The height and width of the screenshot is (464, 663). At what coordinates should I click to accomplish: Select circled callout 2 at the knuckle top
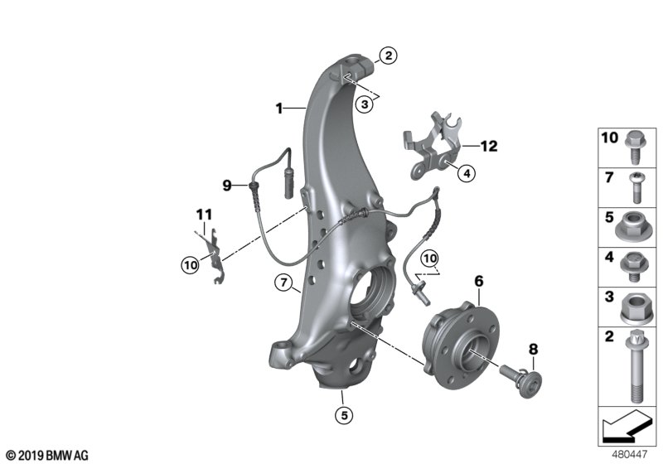point(387,56)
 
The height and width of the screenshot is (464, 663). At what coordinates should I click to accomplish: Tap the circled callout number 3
point(365,104)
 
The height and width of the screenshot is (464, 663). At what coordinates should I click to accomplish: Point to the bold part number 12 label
point(488,147)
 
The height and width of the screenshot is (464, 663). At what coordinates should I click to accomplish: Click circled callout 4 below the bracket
point(466,173)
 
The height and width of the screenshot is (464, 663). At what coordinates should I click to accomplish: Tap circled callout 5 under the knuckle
point(341,414)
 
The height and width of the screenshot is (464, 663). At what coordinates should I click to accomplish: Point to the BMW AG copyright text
point(46,455)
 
